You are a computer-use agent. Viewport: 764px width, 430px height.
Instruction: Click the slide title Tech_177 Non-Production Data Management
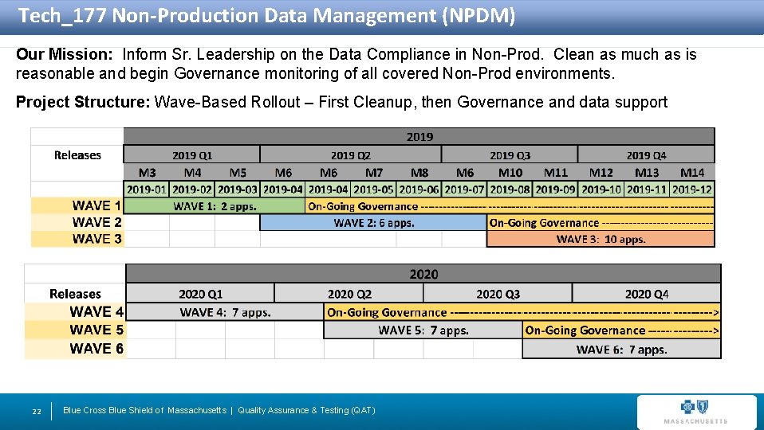point(266,15)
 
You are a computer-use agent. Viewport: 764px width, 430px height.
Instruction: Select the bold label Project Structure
point(83,102)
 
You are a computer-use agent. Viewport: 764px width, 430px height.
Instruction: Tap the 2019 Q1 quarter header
point(192,155)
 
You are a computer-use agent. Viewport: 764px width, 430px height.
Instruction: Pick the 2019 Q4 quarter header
point(646,155)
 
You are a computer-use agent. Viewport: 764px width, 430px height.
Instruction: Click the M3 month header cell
point(147,172)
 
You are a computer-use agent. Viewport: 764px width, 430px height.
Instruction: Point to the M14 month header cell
point(692,172)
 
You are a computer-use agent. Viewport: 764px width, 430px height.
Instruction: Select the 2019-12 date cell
point(692,190)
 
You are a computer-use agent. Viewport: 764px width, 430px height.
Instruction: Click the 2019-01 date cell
point(147,190)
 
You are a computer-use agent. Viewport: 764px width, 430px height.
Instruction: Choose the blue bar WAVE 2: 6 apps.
point(373,223)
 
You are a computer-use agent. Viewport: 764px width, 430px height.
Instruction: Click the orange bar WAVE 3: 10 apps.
point(600,239)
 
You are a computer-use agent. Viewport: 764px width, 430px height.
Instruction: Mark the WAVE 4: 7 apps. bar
point(225,313)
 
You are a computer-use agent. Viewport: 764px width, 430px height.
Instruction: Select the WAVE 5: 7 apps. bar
point(423,330)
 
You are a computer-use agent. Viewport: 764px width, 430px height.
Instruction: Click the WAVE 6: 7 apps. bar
point(621,349)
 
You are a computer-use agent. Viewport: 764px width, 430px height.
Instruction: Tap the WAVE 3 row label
point(96,239)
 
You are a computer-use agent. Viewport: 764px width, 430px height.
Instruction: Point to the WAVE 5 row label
point(96,330)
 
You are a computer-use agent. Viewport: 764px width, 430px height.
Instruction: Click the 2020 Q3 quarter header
point(498,295)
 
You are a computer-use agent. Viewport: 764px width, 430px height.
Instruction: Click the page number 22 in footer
point(36,411)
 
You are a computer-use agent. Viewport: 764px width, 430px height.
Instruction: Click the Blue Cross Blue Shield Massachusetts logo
point(695,411)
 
